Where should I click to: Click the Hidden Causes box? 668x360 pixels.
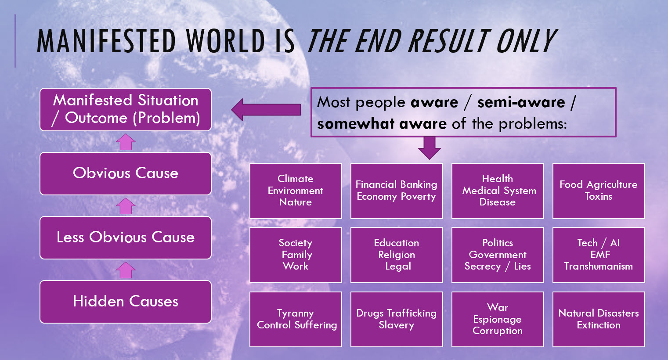pyautogui.click(x=126, y=302)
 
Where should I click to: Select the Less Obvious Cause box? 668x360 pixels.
pyautogui.click(x=126, y=238)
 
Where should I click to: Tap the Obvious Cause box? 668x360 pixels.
pyautogui.click(x=126, y=173)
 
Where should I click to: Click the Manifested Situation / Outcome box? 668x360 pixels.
pyautogui.click(x=126, y=109)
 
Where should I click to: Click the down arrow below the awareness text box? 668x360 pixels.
pyautogui.click(x=429, y=148)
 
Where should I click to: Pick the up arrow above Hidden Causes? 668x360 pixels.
pyautogui.click(x=126, y=270)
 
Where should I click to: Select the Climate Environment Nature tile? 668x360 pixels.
pyautogui.click(x=296, y=191)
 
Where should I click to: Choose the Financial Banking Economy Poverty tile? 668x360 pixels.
pyautogui.click(x=397, y=191)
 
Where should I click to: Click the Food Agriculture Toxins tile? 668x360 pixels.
pyautogui.click(x=599, y=191)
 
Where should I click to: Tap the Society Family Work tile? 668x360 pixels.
pyautogui.click(x=296, y=255)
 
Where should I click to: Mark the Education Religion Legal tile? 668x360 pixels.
pyautogui.click(x=397, y=255)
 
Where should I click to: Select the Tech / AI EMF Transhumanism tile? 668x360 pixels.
pyautogui.click(x=599, y=255)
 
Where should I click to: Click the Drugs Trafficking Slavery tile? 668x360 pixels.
pyautogui.click(x=397, y=319)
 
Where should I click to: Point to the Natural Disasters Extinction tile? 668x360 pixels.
pyautogui.click(x=599, y=319)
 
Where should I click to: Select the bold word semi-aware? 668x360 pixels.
pyautogui.click(x=521, y=102)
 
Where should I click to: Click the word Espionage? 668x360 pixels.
pyautogui.click(x=497, y=319)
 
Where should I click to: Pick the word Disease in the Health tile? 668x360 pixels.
pyautogui.click(x=497, y=202)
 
